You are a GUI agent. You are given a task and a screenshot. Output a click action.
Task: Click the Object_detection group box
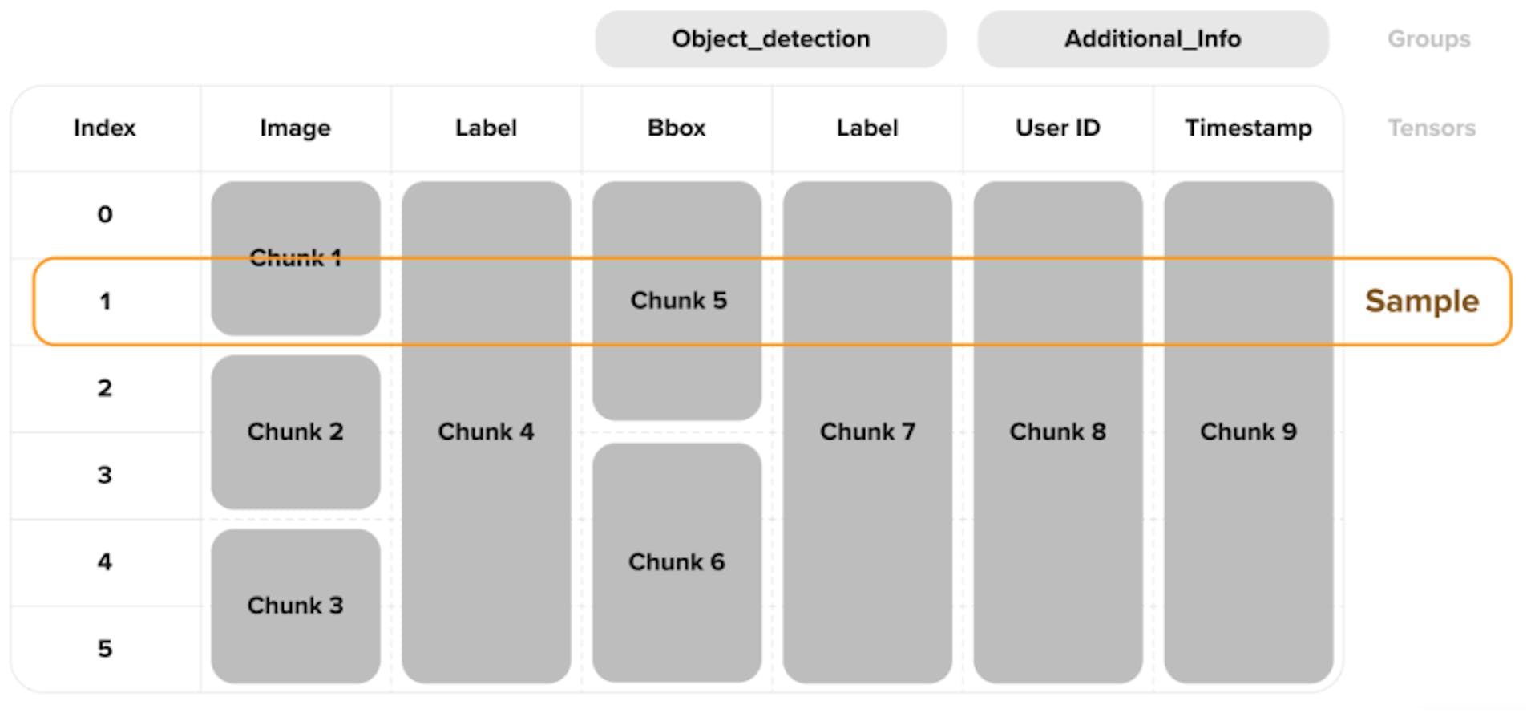[770, 38]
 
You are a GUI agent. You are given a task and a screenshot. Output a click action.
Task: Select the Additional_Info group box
[1153, 38]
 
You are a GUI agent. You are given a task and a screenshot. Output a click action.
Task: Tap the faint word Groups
[1428, 38]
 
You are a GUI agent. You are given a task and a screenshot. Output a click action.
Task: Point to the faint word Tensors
[1432, 128]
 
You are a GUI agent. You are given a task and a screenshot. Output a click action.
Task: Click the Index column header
[105, 128]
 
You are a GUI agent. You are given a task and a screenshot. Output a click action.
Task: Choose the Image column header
[295, 128]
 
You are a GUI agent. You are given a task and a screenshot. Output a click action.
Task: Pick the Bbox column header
[677, 128]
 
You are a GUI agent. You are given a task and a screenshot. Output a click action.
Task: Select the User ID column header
[1057, 128]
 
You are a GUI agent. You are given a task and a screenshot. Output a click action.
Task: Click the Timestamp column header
[1248, 128]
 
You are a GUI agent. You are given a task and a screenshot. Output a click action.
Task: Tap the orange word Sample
[1422, 301]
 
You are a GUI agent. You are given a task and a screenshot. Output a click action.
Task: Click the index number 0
[105, 214]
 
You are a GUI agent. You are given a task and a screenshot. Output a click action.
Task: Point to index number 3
[105, 475]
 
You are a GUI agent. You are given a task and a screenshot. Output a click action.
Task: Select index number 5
[105, 648]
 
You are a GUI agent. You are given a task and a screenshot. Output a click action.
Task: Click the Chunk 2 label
[295, 431]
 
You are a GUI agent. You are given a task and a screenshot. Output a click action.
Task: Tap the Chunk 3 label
[295, 606]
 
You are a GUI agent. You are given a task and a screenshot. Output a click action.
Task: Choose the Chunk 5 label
[678, 301]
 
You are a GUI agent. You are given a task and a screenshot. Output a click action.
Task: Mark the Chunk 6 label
[677, 562]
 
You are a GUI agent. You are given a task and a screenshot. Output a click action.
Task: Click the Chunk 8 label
[1057, 431]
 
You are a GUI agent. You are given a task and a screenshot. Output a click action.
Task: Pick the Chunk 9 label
[1248, 431]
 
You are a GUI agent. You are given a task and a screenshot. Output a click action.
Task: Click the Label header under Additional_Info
[867, 128]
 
